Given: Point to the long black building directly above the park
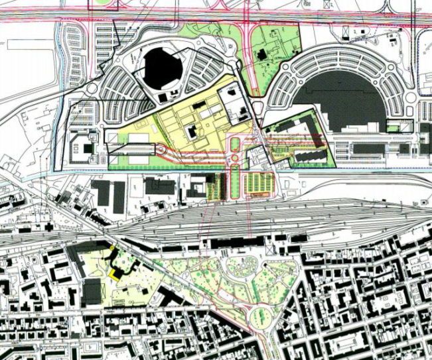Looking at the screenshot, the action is pos(226,244).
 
